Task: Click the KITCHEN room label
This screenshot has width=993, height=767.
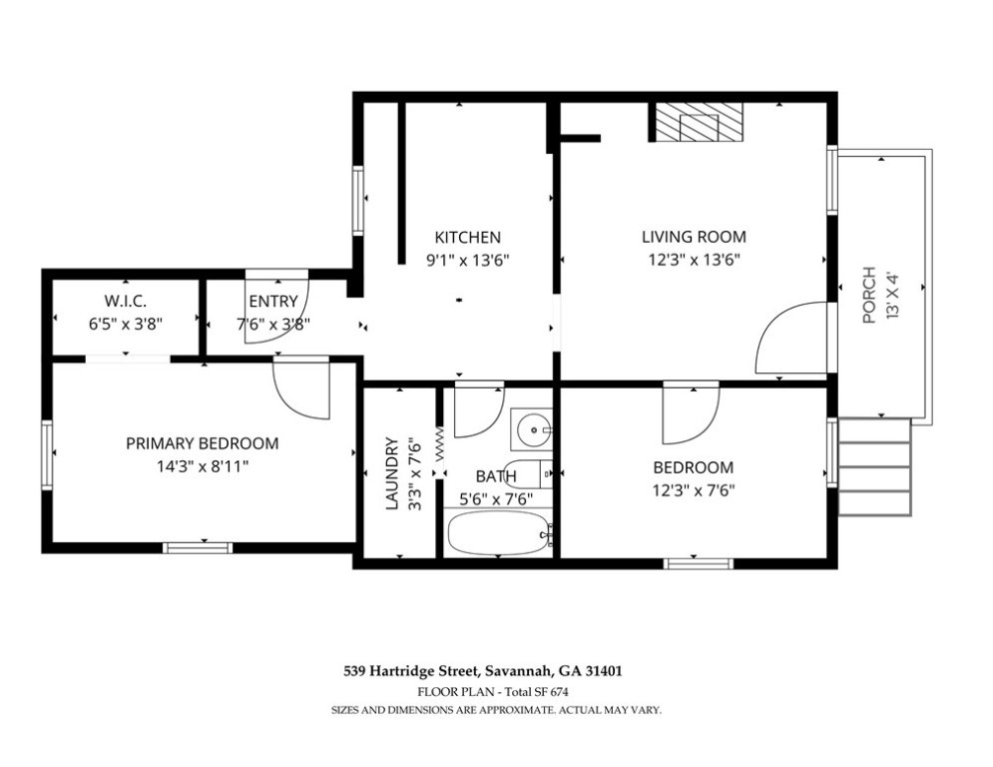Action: click(x=467, y=238)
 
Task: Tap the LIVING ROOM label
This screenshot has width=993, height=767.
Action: click(x=694, y=237)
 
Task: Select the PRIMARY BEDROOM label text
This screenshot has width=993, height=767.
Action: click(x=202, y=443)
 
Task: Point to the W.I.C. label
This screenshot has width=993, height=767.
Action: click(x=126, y=301)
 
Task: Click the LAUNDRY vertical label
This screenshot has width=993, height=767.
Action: click(x=392, y=473)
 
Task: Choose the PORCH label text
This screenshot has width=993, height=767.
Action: click(x=869, y=296)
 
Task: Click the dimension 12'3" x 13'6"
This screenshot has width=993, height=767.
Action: click(x=694, y=260)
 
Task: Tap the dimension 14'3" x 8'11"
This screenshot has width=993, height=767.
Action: click(x=202, y=467)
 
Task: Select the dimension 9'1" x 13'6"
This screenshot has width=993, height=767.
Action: click(x=468, y=260)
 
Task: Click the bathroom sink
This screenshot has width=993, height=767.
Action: click(x=533, y=429)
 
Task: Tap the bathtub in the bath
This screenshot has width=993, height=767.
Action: click(x=498, y=533)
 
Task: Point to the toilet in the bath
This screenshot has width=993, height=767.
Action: click(x=531, y=472)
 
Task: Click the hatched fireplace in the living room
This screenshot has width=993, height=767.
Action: click(x=697, y=123)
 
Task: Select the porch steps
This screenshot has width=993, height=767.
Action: click(x=875, y=466)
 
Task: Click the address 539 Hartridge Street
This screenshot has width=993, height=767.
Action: click(x=412, y=671)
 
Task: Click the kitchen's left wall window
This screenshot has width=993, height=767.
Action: click(x=358, y=201)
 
